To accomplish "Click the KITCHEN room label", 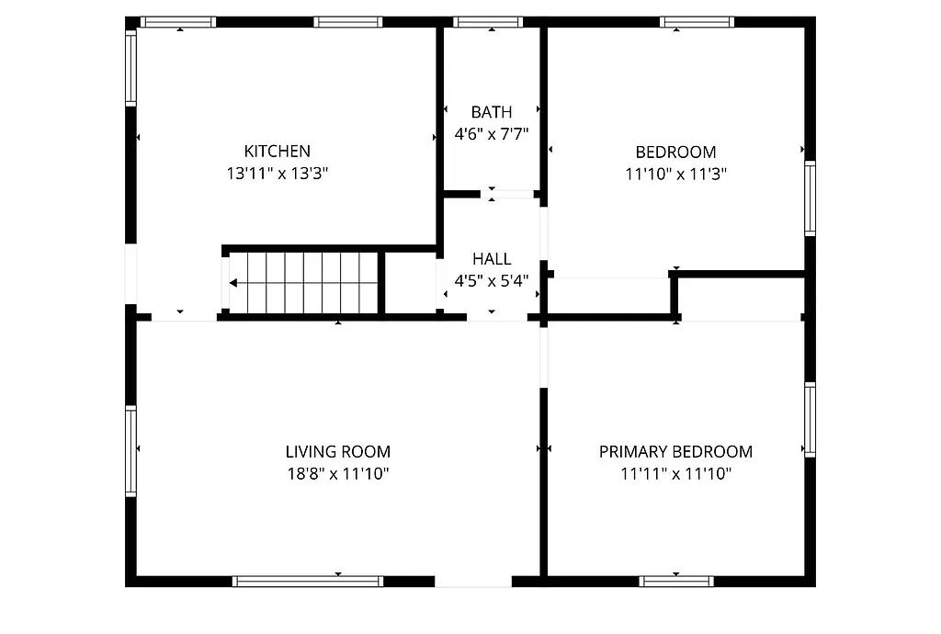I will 277,151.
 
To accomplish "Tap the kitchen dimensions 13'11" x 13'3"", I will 277,173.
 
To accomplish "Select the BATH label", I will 492,112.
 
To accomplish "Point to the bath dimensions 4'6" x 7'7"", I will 492,134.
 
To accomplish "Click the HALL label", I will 492,259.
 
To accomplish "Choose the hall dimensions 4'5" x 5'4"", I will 492,281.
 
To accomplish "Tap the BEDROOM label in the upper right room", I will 675,152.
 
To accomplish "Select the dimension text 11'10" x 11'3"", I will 675,174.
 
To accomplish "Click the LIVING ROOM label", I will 337,451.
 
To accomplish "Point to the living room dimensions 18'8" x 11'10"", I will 337,474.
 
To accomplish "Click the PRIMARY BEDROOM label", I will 675,451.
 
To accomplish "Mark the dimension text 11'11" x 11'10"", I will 675,474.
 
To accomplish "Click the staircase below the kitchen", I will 303,283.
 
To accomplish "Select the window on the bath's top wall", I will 489,22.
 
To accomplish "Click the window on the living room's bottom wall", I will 308,581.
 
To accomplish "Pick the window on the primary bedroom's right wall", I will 810,420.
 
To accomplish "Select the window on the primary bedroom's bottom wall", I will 676,581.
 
